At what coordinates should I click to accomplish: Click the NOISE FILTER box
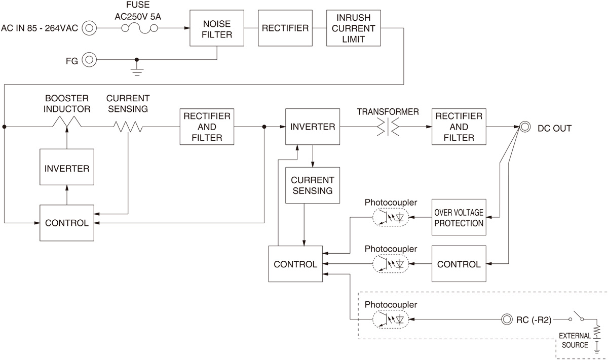pos(217,28)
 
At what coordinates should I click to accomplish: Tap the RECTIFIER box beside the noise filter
pos(285,28)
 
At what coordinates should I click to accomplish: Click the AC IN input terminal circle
pos(90,28)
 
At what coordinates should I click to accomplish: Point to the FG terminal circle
pos(90,60)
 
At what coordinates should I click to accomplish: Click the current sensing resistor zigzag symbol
pos(128,127)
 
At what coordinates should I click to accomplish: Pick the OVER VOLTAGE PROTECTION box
pos(459,217)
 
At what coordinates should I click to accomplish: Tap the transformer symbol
pos(388,127)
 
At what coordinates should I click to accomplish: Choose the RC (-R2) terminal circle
pos(506,319)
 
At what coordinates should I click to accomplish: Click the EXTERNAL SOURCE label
pos(575,340)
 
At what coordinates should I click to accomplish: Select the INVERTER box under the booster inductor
pos(67,169)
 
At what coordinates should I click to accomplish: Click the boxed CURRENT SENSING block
pos(312,185)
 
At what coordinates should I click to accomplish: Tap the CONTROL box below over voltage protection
pos(459,264)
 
